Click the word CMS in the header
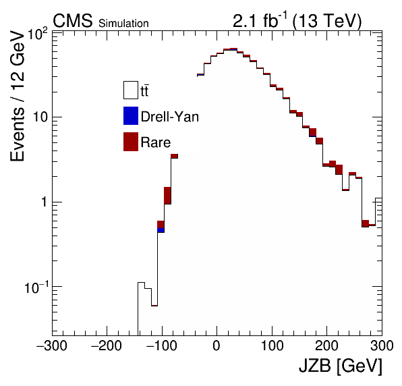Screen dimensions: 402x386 [x=72, y=20]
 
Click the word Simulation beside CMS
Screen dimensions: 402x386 [x=123, y=24]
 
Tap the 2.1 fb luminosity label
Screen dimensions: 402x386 [x=260, y=20]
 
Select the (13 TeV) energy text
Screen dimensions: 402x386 [x=327, y=20]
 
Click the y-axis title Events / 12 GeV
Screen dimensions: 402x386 [x=18, y=96]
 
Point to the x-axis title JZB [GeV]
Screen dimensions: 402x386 [x=341, y=366]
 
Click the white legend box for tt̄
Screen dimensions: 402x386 [x=131, y=90]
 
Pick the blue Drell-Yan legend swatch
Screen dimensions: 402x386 [x=131, y=115]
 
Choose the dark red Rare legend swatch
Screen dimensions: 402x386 [x=131, y=142]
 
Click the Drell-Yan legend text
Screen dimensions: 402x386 [x=170, y=117]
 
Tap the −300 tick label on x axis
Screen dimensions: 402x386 [x=52, y=346]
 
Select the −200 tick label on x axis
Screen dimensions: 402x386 [x=107, y=346]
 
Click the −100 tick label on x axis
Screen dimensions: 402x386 [x=161, y=346]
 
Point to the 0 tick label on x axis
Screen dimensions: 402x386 [x=217, y=346]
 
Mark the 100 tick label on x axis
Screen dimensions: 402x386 [x=272, y=346]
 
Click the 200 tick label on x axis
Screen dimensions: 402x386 [x=327, y=346]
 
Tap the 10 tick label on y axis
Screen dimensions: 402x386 [x=40, y=117]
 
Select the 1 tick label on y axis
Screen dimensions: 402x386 [x=45, y=202]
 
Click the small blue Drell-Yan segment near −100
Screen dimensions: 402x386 [x=161, y=230]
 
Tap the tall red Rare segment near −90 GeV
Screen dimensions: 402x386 [x=167, y=196]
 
